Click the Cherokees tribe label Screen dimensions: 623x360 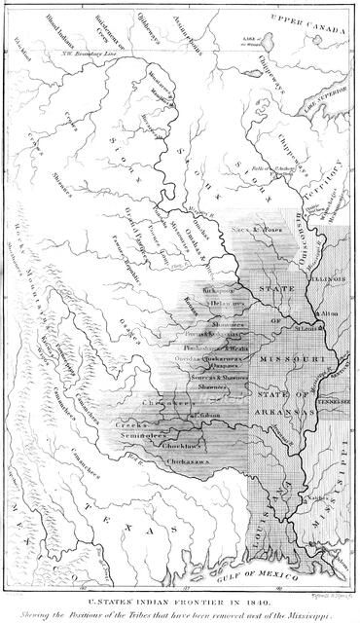[x=166, y=402]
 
